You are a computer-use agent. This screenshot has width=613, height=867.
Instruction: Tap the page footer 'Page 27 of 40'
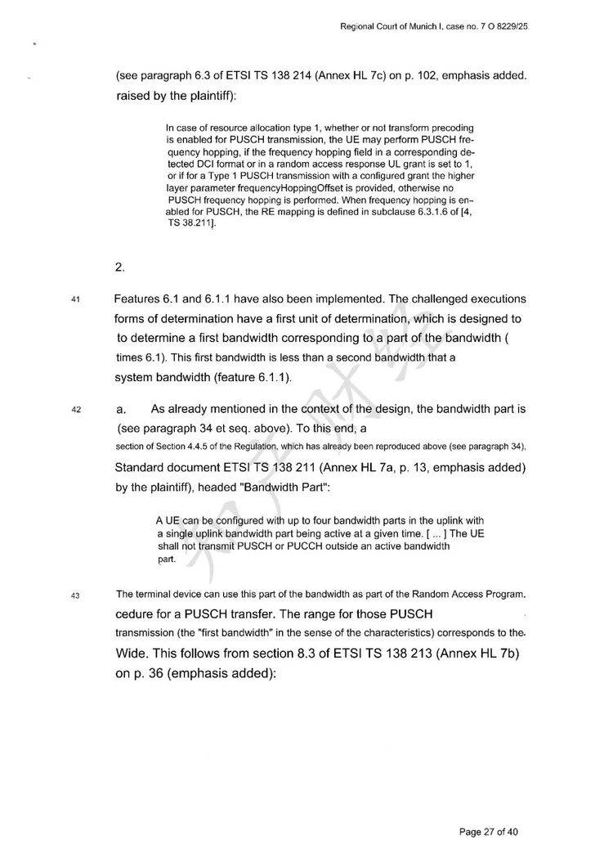tap(489, 832)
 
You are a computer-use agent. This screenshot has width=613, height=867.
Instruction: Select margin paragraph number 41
tap(75, 299)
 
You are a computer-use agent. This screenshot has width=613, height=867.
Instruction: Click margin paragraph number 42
tap(75, 411)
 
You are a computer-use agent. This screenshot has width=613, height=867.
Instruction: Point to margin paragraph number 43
tap(75, 595)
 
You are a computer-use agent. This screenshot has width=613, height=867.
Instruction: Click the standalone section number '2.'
tap(121, 266)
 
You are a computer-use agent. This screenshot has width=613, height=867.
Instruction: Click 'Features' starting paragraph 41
tap(141, 299)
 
